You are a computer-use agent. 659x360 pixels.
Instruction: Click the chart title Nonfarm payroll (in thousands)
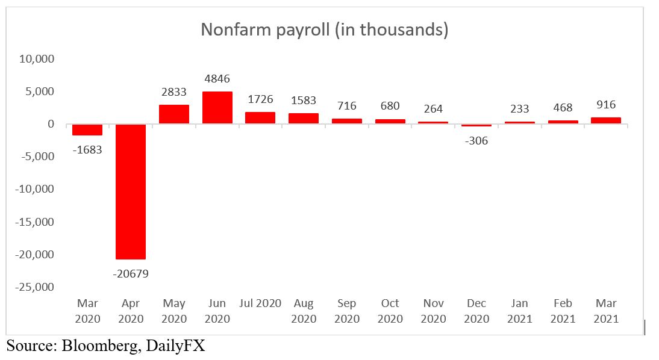[x=325, y=30]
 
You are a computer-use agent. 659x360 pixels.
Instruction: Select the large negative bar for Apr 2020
[x=131, y=191]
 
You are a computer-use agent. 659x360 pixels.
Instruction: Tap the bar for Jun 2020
[x=217, y=108]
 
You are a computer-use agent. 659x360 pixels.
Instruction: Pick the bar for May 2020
[x=174, y=114]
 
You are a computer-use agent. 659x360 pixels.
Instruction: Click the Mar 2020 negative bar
[x=87, y=129]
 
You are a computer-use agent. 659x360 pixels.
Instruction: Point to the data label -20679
[x=131, y=274]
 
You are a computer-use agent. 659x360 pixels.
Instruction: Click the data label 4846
[x=217, y=78]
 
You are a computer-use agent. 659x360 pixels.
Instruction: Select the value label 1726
[x=261, y=99]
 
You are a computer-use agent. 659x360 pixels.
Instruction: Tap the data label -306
[x=476, y=141]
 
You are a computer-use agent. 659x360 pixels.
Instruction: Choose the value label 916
[x=607, y=104]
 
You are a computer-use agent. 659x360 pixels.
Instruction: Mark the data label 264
[x=433, y=109]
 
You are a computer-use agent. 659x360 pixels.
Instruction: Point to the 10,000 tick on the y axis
[x=37, y=59]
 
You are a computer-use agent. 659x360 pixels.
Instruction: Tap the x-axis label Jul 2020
[x=261, y=303]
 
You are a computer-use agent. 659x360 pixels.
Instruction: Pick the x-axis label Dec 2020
[x=476, y=311]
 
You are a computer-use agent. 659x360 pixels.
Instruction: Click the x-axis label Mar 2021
[x=607, y=311]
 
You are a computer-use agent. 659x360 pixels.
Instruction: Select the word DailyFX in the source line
[x=178, y=346]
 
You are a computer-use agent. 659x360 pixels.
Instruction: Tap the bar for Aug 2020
[x=304, y=118]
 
